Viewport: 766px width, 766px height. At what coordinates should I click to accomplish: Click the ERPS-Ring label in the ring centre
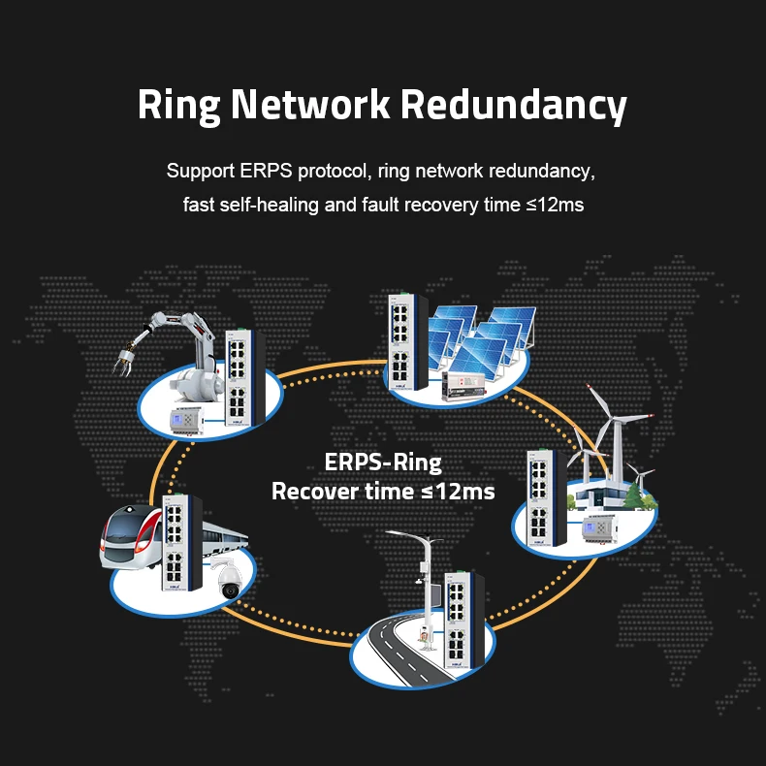tap(382, 462)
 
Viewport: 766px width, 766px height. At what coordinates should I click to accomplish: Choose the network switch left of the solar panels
tap(399, 344)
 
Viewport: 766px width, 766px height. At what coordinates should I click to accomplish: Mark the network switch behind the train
tap(181, 543)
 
